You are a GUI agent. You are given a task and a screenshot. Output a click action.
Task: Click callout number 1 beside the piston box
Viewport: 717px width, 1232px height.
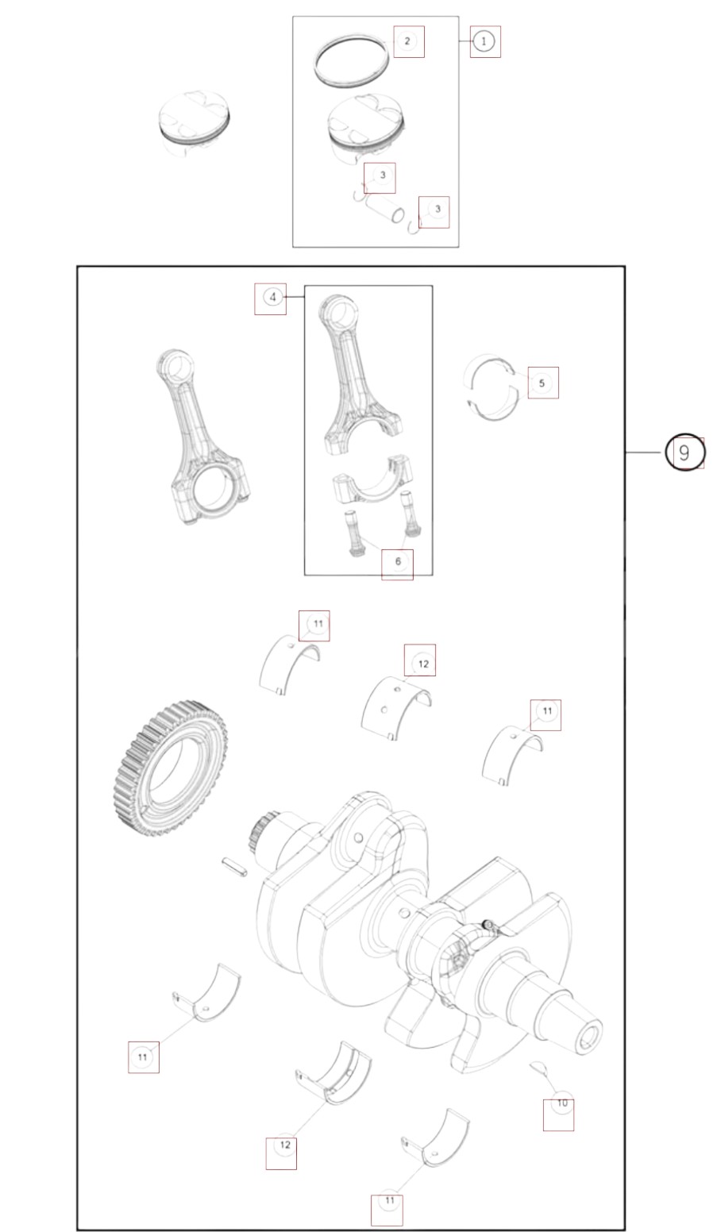coord(484,41)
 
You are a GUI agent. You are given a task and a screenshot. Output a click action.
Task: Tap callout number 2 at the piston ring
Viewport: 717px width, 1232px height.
coord(407,40)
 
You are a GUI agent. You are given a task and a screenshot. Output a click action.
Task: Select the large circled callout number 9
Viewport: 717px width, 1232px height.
coord(684,452)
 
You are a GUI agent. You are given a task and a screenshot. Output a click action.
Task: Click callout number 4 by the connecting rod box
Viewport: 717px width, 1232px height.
coord(272,298)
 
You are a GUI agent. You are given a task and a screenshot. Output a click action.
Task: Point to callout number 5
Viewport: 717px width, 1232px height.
coord(542,383)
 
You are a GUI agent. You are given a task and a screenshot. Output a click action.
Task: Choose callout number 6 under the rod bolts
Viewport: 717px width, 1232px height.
coord(398,561)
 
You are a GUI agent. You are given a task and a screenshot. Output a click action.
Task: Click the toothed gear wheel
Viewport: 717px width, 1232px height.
coord(172,769)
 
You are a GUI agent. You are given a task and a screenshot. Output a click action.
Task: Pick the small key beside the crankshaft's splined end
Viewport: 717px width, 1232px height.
coord(235,866)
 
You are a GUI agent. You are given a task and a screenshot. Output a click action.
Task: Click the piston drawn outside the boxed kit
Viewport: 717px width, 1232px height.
coord(195,125)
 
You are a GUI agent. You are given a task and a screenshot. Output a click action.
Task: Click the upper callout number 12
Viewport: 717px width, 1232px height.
coord(423,664)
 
